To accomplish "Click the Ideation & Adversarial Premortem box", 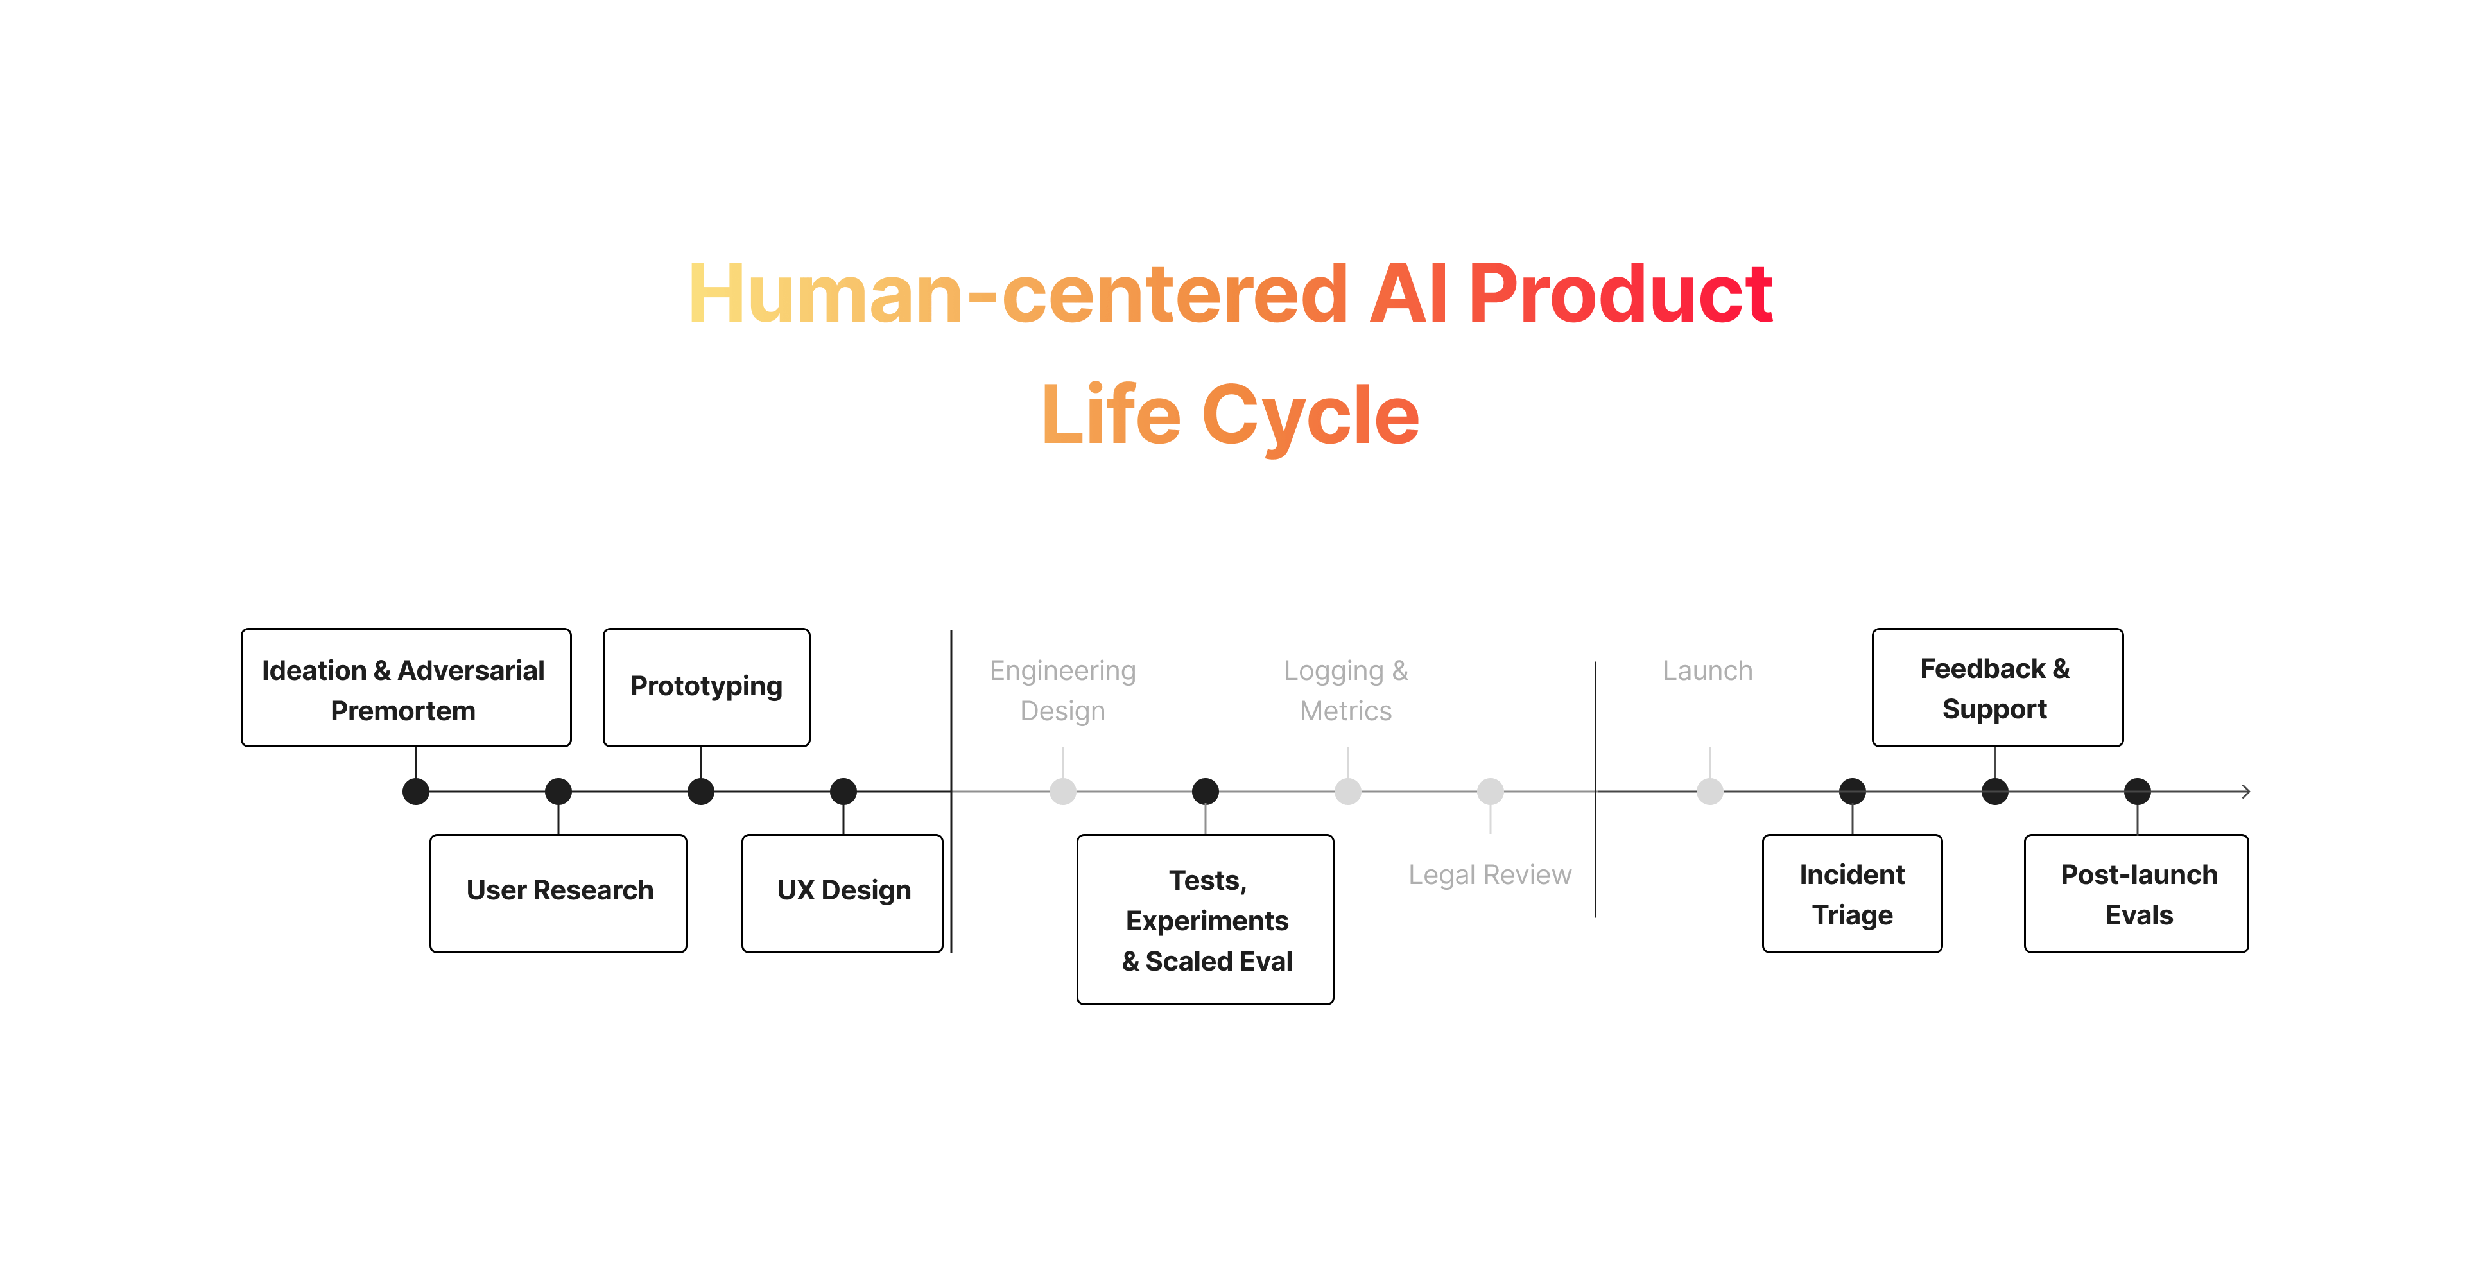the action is tap(406, 688).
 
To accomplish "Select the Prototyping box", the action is tap(706, 688).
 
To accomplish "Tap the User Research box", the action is tap(559, 893).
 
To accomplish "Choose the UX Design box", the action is tap(843, 893).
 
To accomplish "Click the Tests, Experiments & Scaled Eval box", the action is tap(1206, 919).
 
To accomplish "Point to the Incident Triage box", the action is tap(1853, 893).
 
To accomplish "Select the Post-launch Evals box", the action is tap(2137, 893).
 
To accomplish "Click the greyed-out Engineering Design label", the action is tap(1062, 690).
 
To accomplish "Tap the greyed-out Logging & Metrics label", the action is tap(1346, 690).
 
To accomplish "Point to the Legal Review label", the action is tap(1490, 875).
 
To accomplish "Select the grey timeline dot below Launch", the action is tap(1710, 792).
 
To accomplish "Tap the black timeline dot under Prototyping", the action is tap(702, 792).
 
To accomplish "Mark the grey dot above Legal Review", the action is tap(1490, 792).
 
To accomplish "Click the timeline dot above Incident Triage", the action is tap(1853, 792).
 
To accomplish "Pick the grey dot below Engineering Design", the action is tap(1063, 792).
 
